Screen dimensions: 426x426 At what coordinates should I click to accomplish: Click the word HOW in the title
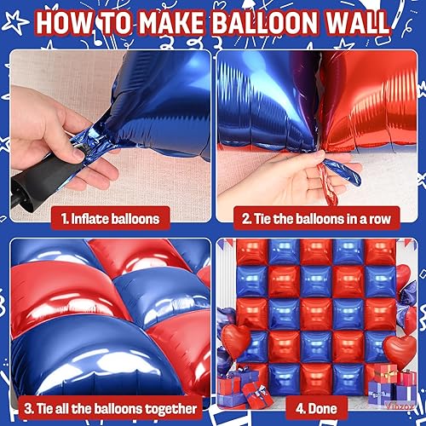pos(65,23)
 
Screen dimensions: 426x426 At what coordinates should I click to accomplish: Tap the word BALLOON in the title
pos(265,23)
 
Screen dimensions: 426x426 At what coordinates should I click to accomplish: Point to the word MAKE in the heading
pos(172,23)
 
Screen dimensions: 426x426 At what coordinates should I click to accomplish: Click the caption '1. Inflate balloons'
pos(110,219)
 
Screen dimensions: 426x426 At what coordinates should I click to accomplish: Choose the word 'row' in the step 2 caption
pos(379,219)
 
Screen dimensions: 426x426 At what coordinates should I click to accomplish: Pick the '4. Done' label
pos(316,408)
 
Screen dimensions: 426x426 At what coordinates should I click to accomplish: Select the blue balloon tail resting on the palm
pos(343,172)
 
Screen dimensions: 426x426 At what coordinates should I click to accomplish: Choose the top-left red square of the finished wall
pos(251,252)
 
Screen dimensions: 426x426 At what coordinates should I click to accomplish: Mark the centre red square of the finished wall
pos(316,314)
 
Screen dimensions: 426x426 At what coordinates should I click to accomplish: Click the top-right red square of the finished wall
pos(380,252)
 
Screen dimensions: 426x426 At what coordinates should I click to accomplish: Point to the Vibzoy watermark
pos(399,406)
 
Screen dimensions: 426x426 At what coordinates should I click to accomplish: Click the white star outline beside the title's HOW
pos(14,22)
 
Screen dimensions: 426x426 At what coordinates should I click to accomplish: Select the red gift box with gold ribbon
pos(385,373)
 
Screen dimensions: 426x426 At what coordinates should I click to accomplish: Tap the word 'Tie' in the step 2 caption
pos(262,219)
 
